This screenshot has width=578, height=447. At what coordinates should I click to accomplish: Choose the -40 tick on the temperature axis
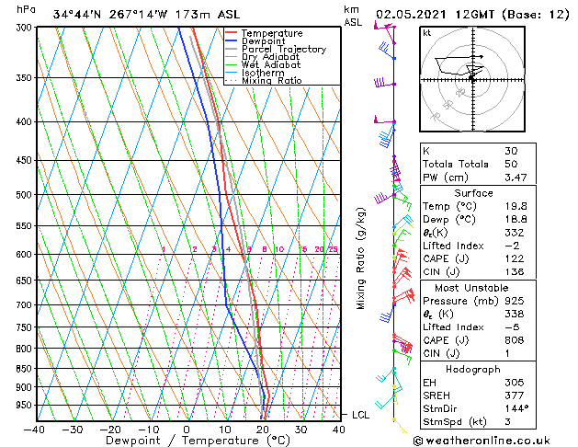click(x=34, y=430)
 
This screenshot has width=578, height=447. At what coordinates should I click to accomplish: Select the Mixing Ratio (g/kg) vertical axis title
click(x=360, y=258)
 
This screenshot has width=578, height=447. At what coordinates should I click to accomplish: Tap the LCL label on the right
click(x=360, y=415)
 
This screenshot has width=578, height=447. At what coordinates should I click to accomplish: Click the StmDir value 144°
click(x=516, y=408)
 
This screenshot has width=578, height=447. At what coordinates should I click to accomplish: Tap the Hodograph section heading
click(x=472, y=369)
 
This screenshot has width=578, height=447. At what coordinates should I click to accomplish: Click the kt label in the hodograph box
click(x=427, y=32)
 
